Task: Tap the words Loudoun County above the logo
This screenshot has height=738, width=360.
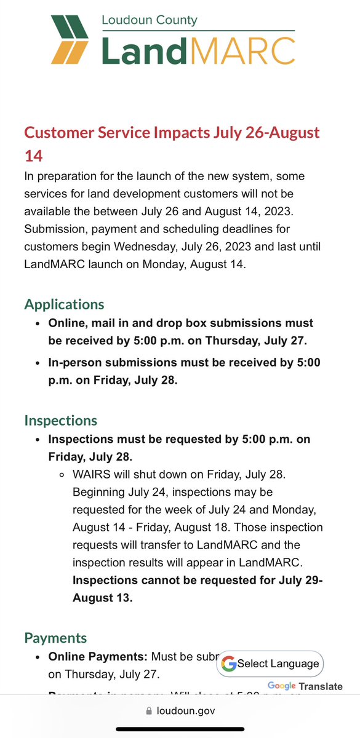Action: coord(149,20)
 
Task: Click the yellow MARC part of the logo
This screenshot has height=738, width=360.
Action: coord(244,50)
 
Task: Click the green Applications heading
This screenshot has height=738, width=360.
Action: coord(64,304)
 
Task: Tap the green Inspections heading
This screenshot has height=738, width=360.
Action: coord(60,421)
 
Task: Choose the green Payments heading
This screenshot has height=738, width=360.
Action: coord(55,638)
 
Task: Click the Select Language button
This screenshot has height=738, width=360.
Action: coord(270,664)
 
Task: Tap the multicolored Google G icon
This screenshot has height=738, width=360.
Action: coord(229,664)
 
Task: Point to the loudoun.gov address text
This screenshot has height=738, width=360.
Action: coord(185,711)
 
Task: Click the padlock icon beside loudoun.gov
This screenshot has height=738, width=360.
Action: coord(148,711)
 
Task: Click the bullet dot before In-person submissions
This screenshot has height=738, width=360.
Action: coord(38,363)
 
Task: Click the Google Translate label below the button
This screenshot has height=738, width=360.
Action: coord(305,686)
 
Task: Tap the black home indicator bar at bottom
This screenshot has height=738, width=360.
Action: coord(180,730)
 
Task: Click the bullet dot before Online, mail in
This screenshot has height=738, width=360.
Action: coord(38,323)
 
